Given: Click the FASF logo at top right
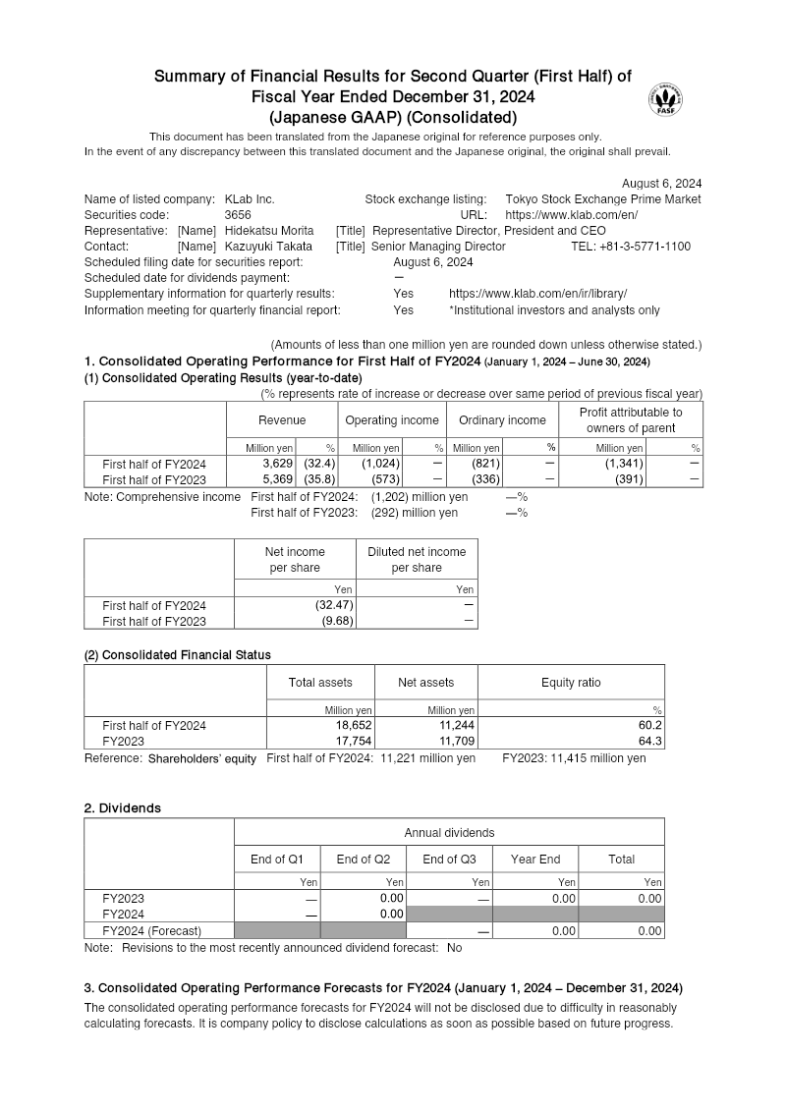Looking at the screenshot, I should [x=666, y=99].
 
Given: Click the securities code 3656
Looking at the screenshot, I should [x=238, y=215].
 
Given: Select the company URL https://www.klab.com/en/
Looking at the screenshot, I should [x=571, y=215].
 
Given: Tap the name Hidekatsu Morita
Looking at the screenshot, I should [x=269, y=231].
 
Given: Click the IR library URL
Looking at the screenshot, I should [x=537, y=294].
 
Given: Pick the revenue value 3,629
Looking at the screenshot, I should [x=278, y=464].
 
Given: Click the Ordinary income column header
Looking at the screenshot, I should [x=502, y=420].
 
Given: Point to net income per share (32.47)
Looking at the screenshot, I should [x=334, y=605].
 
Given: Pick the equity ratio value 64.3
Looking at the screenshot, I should [x=650, y=742].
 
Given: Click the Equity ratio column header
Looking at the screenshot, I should [x=571, y=683].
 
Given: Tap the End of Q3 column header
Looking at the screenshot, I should [x=449, y=860].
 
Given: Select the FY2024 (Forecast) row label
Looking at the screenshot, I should [x=151, y=931].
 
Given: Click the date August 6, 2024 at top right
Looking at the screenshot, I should [x=661, y=184].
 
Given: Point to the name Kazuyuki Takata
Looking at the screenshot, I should [x=269, y=247].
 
